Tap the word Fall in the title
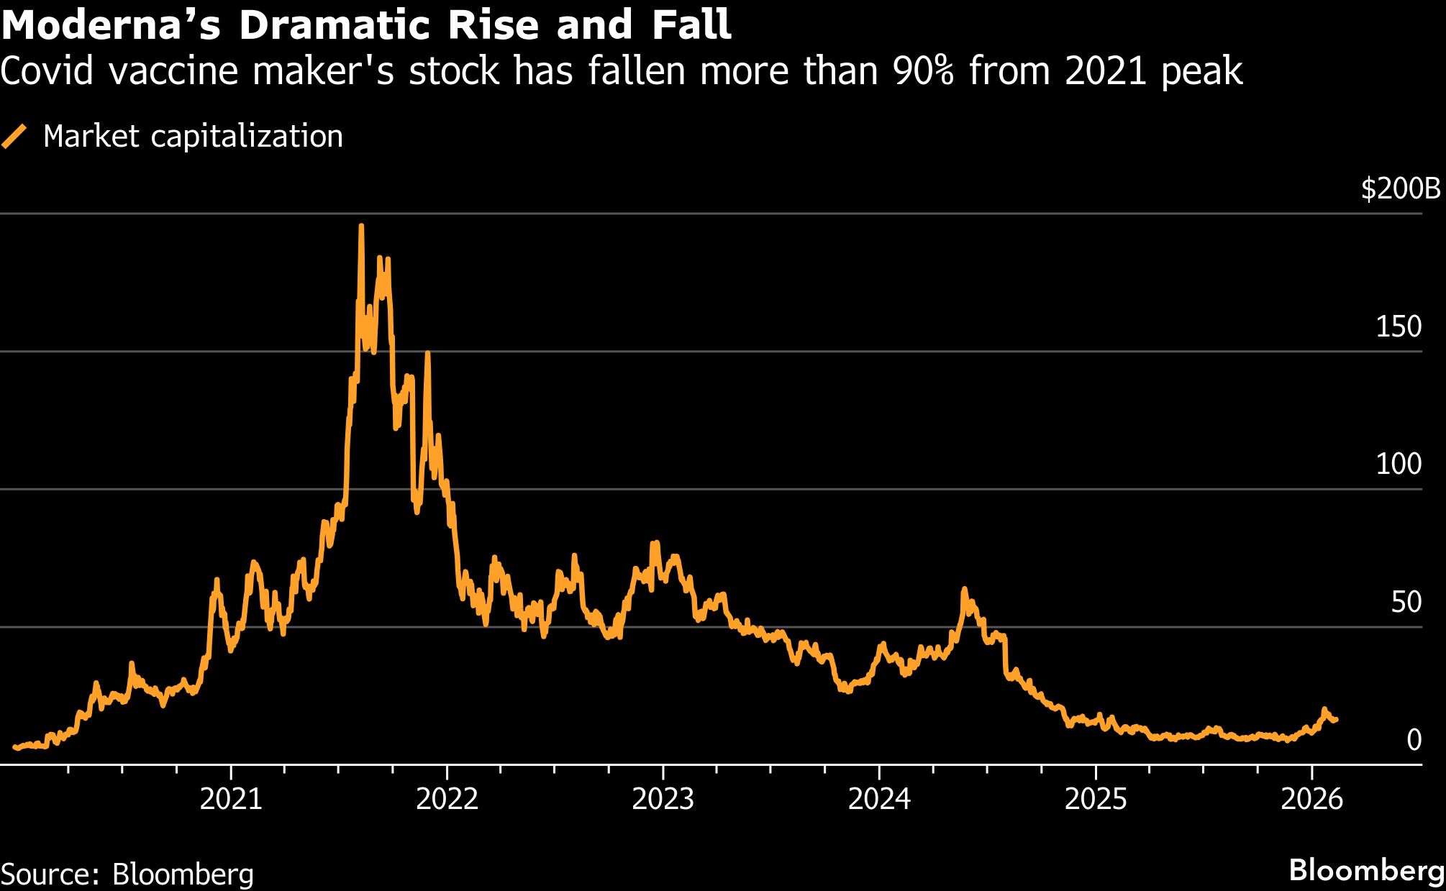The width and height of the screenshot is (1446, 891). pyautogui.click(x=691, y=25)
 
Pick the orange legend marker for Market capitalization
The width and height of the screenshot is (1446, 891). pyautogui.click(x=14, y=136)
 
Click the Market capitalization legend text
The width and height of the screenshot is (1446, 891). pyautogui.click(x=193, y=136)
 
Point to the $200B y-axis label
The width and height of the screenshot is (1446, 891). pyautogui.click(x=1401, y=188)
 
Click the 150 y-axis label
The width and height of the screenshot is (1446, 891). pyautogui.click(x=1399, y=326)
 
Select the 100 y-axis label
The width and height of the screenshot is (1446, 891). pyautogui.click(x=1399, y=464)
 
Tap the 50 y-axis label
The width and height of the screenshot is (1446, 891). pyautogui.click(x=1406, y=602)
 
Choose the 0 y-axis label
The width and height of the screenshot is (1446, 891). pyautogui.click(x=1414, y=739)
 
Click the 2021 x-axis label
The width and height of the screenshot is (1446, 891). pyautogui.click(x=231, y=799)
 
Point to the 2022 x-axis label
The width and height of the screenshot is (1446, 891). pyautogui.click(x=447, y=799)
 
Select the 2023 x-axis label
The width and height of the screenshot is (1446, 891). pyautogui.click(x=663, y=799)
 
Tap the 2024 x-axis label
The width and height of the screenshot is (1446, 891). pyautogui.click(x=879, y=799)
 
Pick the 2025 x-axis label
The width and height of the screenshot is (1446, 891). pyautogui.click(x=1095, y=799)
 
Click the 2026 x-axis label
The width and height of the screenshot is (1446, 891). pyautogui.click(x=1311, y=799)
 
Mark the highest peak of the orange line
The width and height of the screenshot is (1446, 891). pyautogui.click(x=361, y=227)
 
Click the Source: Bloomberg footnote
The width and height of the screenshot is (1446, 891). pyautogui.click(x=127, y=874)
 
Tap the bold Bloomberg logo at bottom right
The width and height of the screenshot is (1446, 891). pyautogui.click(x=1366, y=870)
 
